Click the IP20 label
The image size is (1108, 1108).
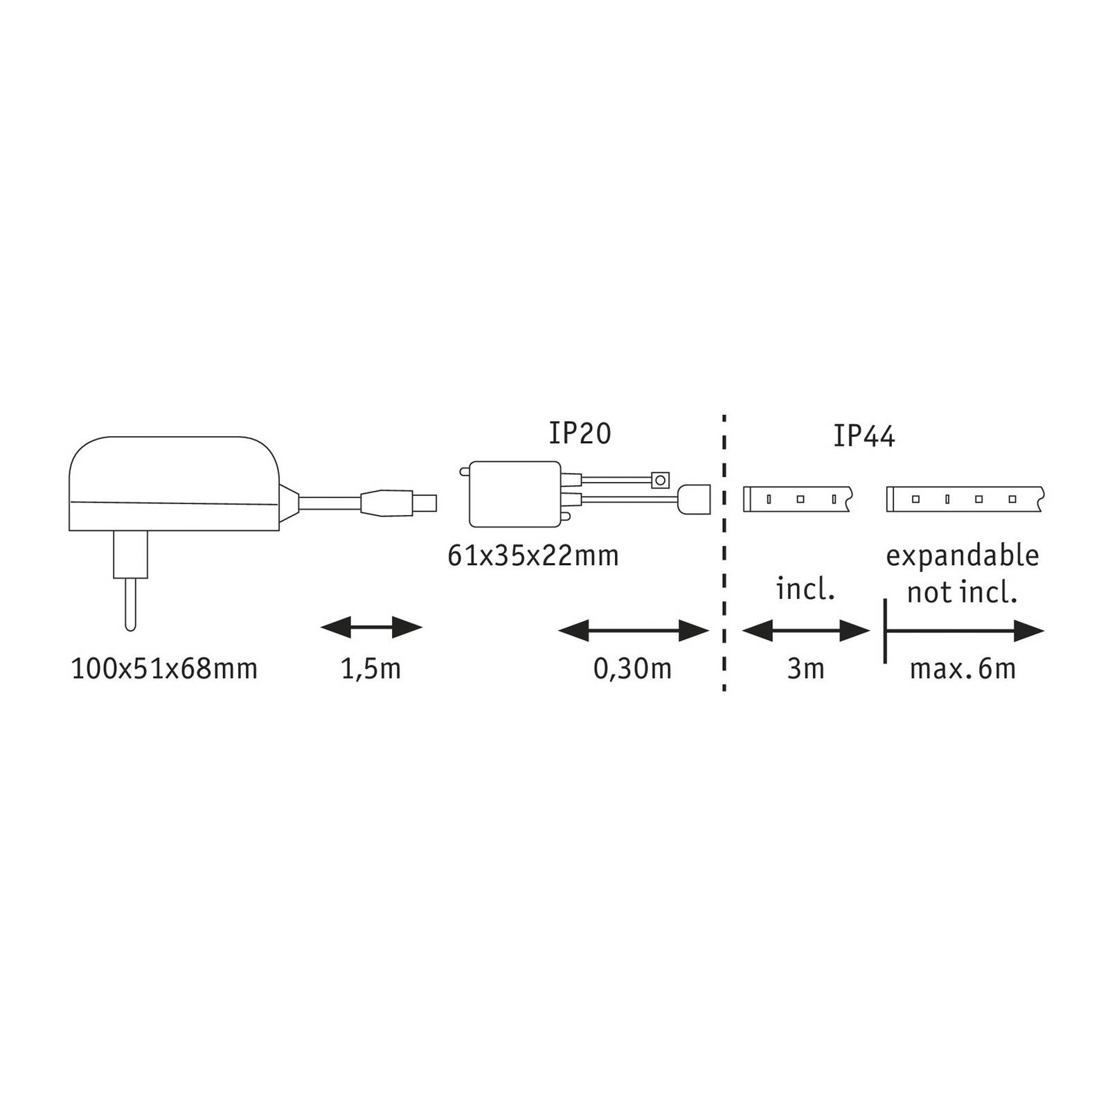coord(580,434)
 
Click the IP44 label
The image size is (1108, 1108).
coord(864,437)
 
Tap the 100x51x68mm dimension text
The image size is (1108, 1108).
coord(164,669)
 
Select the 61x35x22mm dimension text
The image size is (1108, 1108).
coord(533,556)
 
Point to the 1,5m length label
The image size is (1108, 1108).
coord(371,669)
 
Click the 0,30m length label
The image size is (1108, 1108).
coord(632,669)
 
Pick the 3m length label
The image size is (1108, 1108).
coord(805,669)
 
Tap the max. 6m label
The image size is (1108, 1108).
coord(963,669)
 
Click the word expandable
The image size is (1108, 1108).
coord(963,556)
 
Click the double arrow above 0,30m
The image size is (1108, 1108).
coord(633,631)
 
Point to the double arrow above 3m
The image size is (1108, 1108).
coord(805,631)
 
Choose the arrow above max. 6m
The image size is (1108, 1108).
coord(964,631)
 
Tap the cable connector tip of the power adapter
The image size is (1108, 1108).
coord(424,501)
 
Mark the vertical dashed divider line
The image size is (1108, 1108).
coord(724,554)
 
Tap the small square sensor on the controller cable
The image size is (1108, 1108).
coord(661,479)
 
